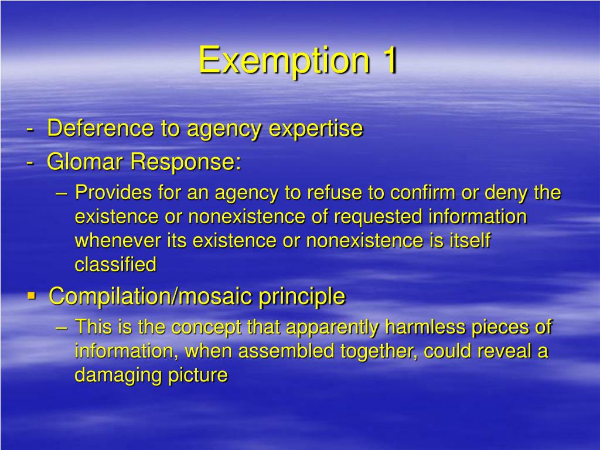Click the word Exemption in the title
tap(284, 60)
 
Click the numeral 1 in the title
tap(387, 60)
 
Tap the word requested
tap(379, 217)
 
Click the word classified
tap(115, 265)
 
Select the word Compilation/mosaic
tap(151, 296)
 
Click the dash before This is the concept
tap(65, 327)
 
